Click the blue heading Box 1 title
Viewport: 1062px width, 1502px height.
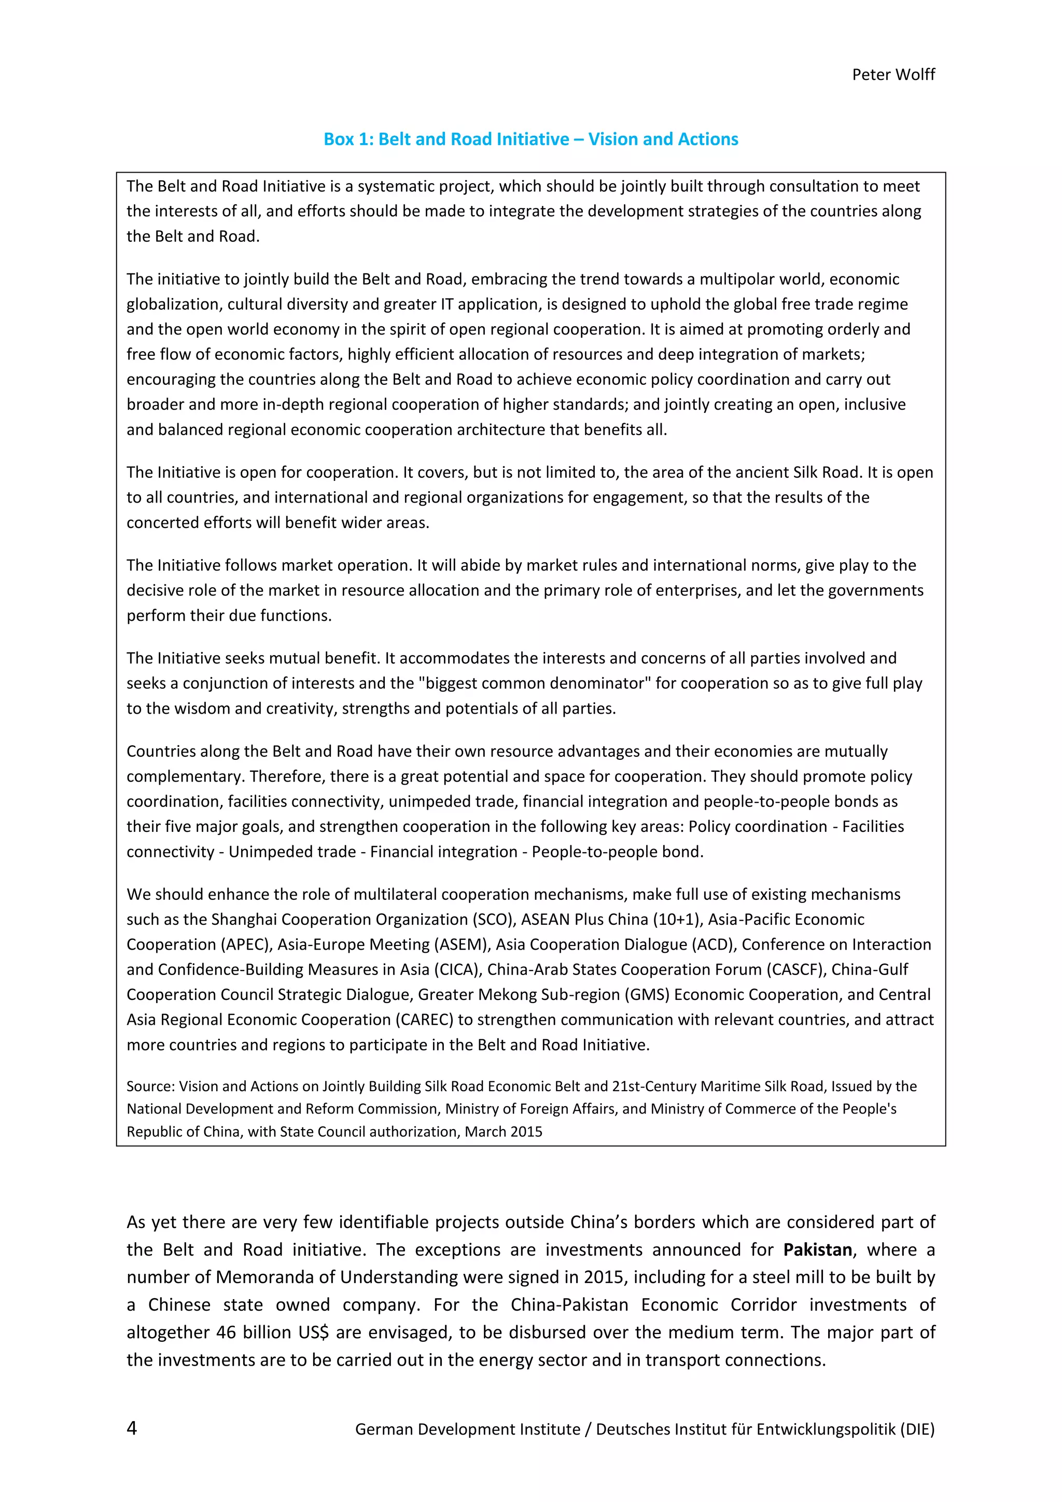click(530, 140)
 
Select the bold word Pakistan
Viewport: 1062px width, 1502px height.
click(817, 1249)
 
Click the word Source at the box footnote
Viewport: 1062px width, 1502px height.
click(149, 1086)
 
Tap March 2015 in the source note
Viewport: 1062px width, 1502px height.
click(504, 1131)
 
